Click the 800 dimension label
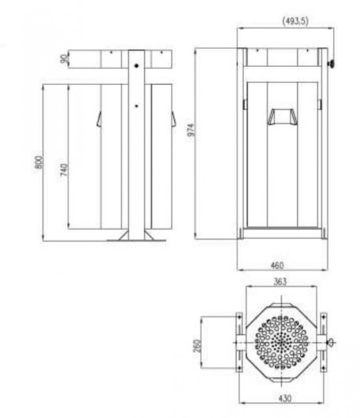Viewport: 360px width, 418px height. pyautogui.click(x=39, y=162)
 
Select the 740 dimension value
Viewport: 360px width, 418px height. pyautogui.click(x=64, y=170)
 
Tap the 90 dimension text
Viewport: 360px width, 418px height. pyautogui.click(x=64, y=59)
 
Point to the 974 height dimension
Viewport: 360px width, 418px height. pyautogui.click(x=191, y=130)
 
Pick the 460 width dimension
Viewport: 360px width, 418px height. pyautogui.click(x=277, y=265)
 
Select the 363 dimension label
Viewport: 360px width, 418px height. pyautogui.click(x=280, y=282)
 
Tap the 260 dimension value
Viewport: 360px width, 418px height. pyautogui.click(x=197, y=346)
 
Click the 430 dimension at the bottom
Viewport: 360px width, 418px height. pyautogui.click(x=284, y=398)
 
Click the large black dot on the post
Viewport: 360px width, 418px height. pyautogui.click(x=136, y=65)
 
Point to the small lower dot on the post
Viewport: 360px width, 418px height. pyautogui.click(x=136, y=106)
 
